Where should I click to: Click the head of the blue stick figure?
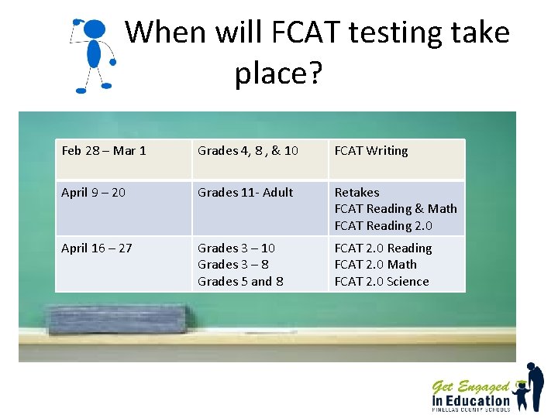coord(94,30)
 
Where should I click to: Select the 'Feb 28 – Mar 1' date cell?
coord(104,151)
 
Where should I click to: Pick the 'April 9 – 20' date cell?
coord(93,193)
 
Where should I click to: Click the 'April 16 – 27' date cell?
coord(97,248)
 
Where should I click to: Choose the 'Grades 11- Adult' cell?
coord(246,193)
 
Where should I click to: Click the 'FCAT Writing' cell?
coord(371,151)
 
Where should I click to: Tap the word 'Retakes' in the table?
coord(356,193)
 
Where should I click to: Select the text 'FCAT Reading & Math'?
coord(395,209)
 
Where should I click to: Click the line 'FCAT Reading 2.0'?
coord(383,226)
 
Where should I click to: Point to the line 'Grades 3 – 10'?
coord(236,248)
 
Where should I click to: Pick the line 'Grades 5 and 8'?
coord(240,282)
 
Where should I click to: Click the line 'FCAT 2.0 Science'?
coord(381,282)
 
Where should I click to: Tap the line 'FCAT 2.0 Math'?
coord(375,265)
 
